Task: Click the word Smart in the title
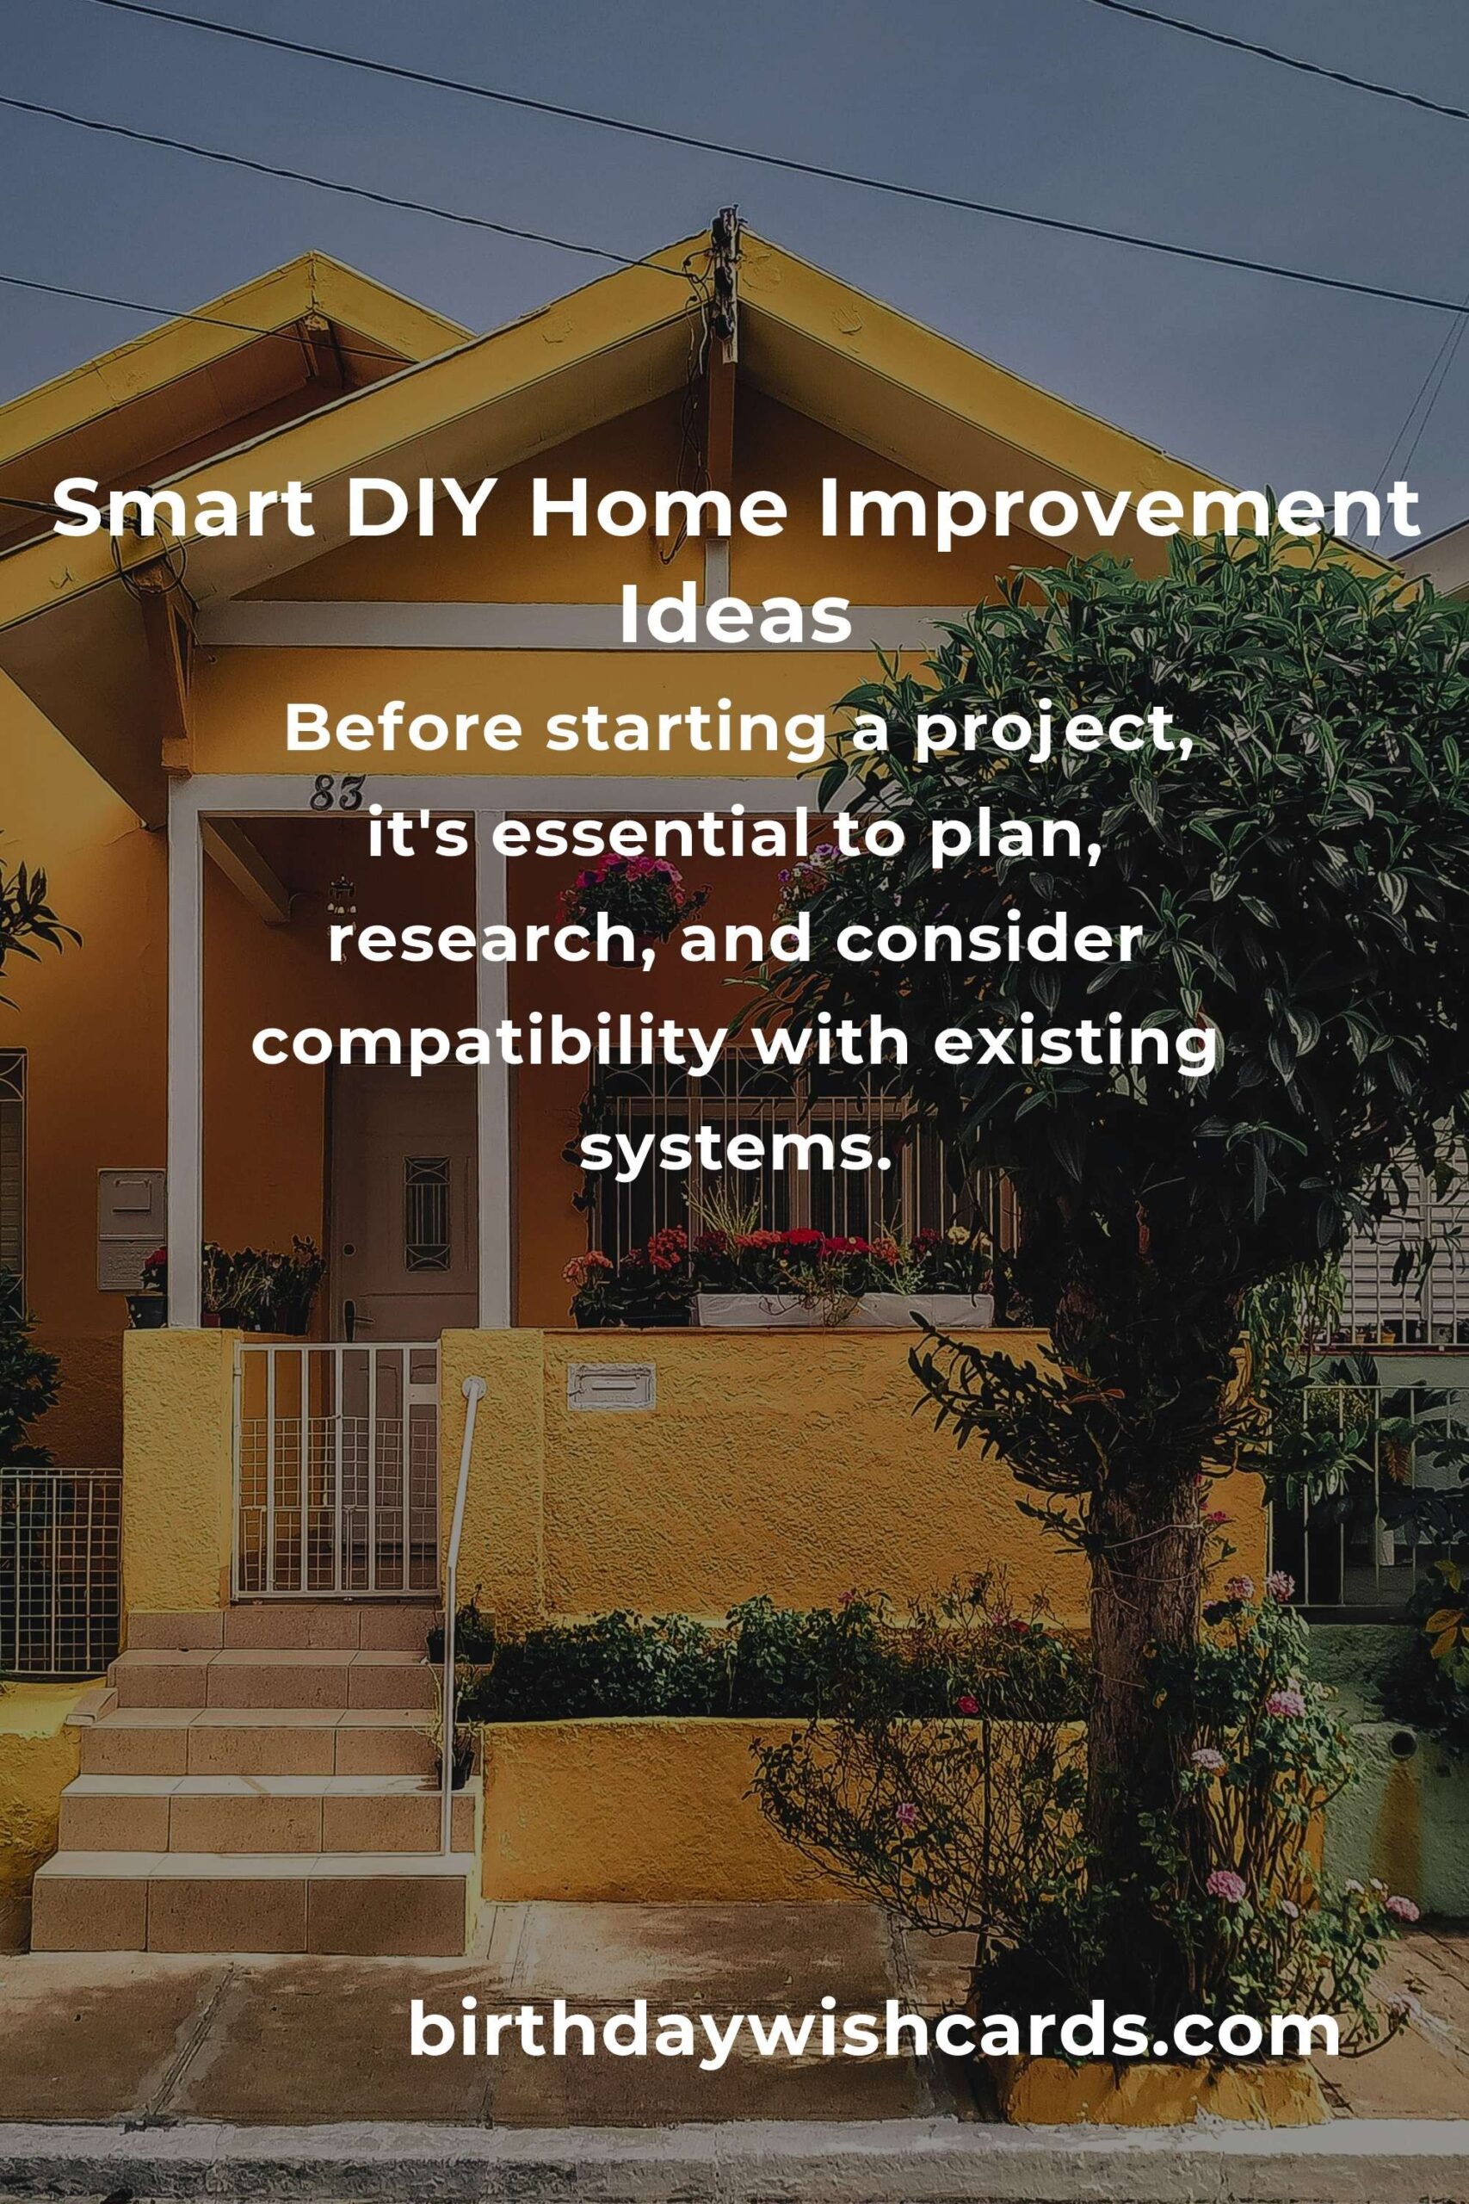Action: tap(182, 508)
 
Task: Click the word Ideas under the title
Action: tap(736, 616)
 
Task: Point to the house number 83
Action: tap(336, 794)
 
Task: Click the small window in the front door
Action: tap(426, 1214)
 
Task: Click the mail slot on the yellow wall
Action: tap(611, 1386)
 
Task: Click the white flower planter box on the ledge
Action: tap(843, 1310)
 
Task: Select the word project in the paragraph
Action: tap(1048, 734)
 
